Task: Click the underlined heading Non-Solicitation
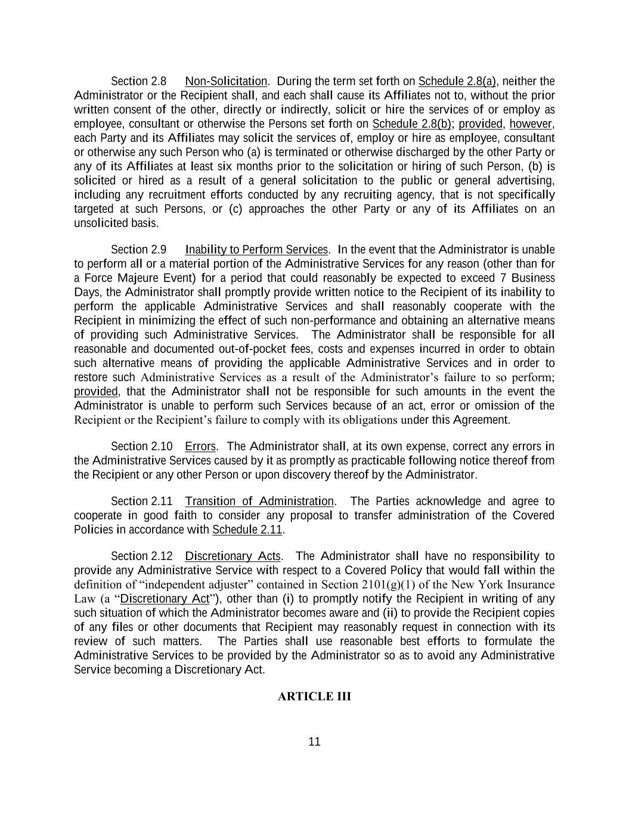click(226, 81)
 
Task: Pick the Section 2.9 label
click(138, 249)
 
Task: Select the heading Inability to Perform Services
click(256, 249)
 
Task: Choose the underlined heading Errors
click(200, 447)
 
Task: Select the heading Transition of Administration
click(259, 502)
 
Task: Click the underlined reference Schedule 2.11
click(247, 530)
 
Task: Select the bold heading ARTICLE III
click(314, 697)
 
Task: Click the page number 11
click(315, 742)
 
